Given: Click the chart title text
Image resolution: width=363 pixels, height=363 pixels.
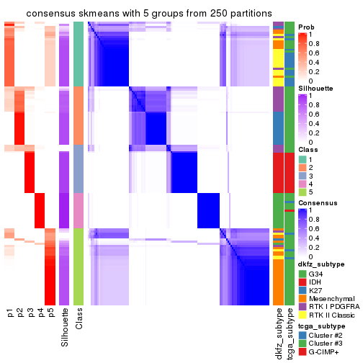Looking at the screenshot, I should (x=150, y=14).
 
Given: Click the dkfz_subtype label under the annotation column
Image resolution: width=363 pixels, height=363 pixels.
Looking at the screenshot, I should (x=278, y=332).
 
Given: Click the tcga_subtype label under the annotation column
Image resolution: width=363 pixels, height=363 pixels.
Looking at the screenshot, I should (x=290, y=332).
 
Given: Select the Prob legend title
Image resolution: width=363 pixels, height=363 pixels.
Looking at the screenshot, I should (x=308, y=27).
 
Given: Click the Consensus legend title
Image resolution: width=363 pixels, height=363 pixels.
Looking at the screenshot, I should (x=318, y=204).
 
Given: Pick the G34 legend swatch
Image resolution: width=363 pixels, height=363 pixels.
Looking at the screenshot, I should (x=302, y=274).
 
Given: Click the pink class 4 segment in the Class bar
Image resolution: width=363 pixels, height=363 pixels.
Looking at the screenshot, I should (x=79, y=211).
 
